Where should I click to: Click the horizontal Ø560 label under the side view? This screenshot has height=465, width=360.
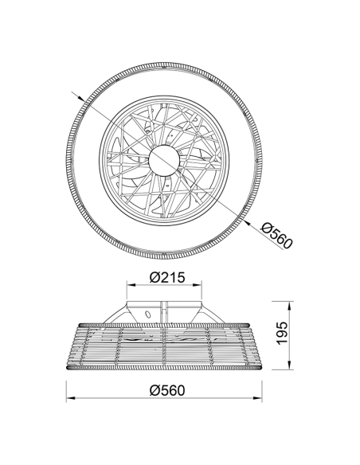click(167, 390)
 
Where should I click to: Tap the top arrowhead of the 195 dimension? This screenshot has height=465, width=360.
click(288, 305)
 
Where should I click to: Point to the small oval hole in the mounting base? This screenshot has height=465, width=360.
click(147, 317)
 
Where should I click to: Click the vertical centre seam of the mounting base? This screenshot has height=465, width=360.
click(166, 314)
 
